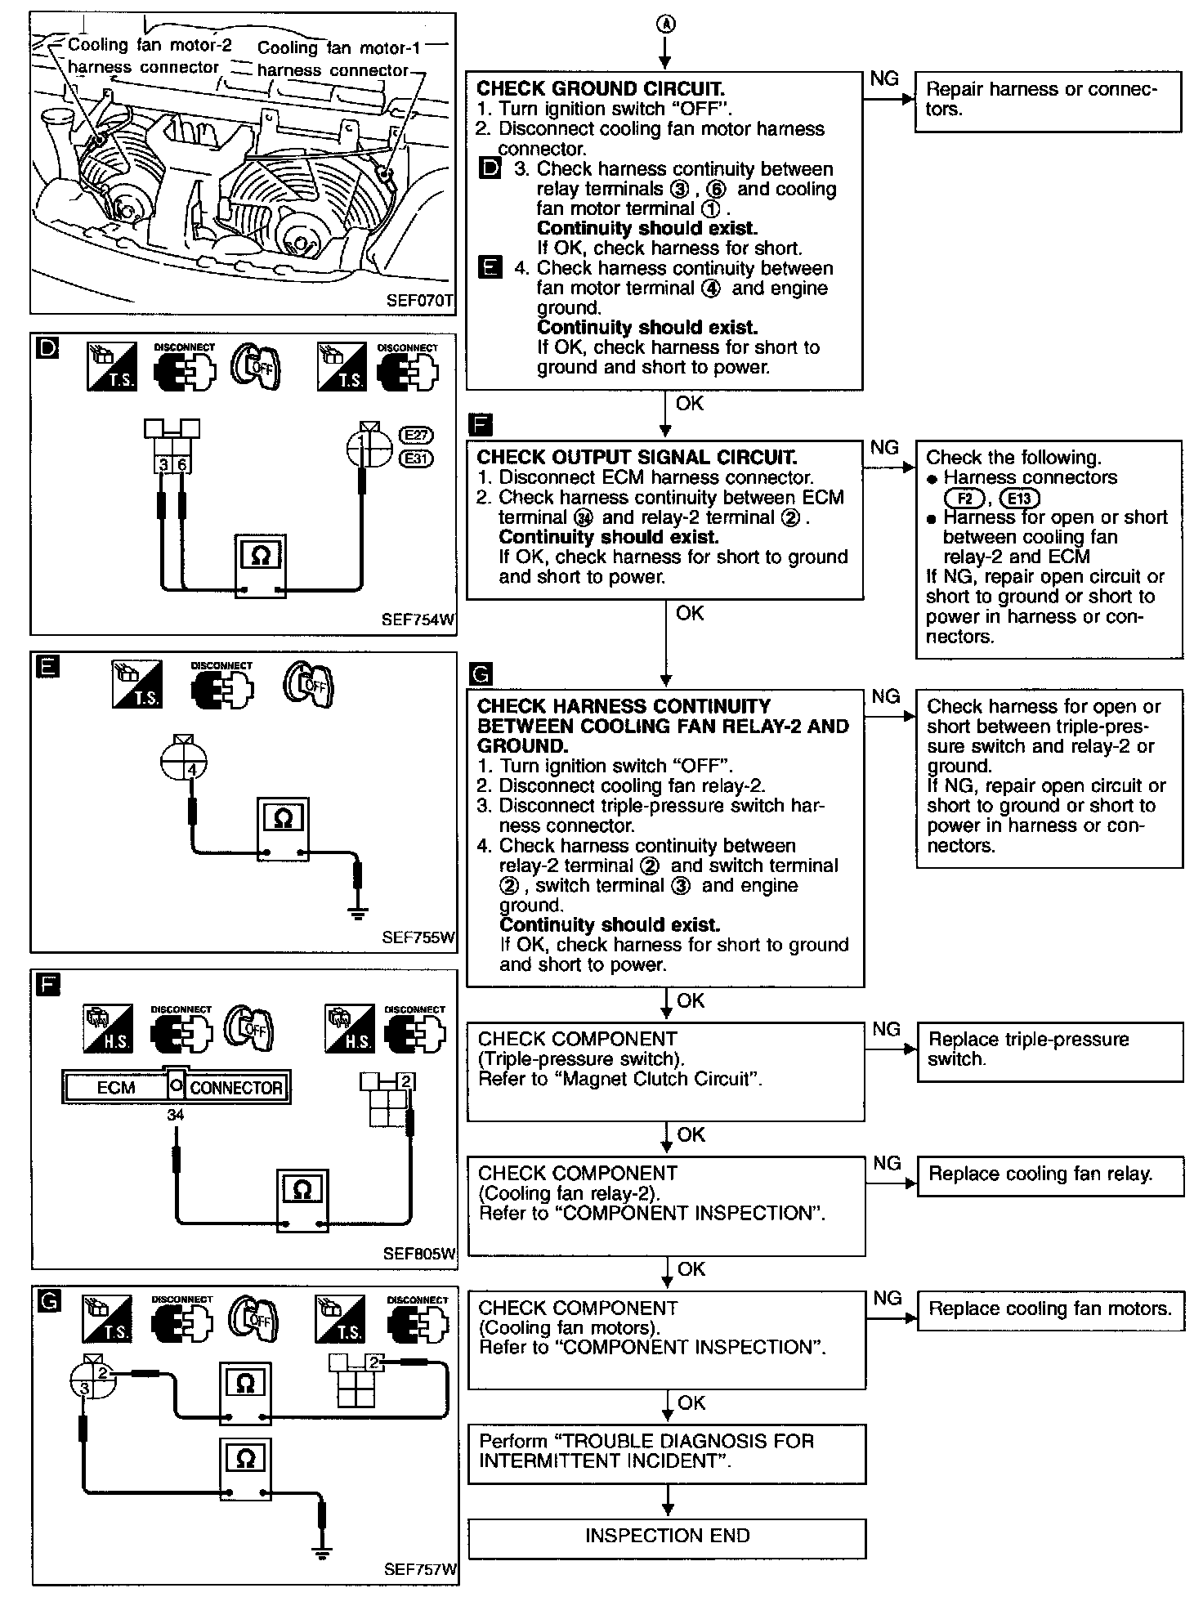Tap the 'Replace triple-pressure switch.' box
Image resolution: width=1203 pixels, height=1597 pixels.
(1050, 1051)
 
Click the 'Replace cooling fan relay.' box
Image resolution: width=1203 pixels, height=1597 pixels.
(1050, 1175)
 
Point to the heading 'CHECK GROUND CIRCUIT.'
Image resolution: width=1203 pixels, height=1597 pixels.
(601, 88)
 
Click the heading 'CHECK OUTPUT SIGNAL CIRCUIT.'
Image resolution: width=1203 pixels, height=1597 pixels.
(637, 457)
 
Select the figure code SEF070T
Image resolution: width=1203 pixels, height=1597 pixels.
(419, 300)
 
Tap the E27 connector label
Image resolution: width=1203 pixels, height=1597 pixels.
(417, 436)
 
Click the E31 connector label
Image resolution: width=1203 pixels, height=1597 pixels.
(417, 459)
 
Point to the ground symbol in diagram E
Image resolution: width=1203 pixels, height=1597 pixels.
(357, 912)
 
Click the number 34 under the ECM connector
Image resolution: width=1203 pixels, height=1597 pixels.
(176, 1115)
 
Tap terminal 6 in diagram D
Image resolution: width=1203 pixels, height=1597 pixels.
(182, 464)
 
